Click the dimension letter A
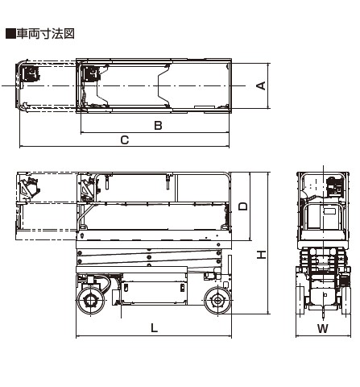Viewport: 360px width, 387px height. click(261, 85)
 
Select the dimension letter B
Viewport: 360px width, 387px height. click(158, 126)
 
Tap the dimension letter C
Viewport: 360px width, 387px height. click(125, 140)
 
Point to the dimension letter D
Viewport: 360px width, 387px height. click(243, 206)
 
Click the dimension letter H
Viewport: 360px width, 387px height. click(261, 255)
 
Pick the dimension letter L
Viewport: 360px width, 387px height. click(154, 328)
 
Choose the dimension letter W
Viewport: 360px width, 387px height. click(323, 328)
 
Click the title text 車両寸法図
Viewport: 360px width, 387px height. click(45, 34)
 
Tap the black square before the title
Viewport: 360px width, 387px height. click(10, 34)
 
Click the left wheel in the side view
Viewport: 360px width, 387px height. click(91, 301)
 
